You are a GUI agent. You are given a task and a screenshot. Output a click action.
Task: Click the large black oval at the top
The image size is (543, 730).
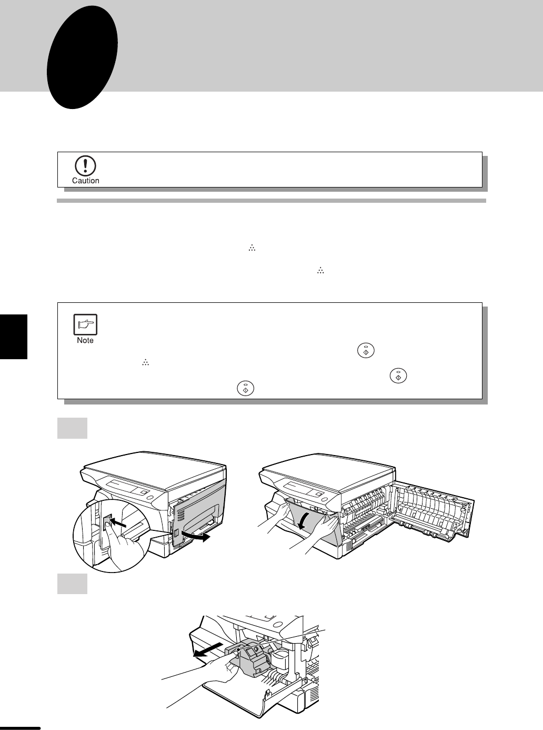[x=82, y=57]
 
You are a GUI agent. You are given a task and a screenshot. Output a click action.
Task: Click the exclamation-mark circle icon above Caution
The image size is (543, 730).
[x=86, y=166]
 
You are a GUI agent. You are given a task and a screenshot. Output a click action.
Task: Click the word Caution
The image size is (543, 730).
[x=86, y=181]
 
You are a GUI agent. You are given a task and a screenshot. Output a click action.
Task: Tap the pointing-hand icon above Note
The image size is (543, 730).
[x=85, y=324]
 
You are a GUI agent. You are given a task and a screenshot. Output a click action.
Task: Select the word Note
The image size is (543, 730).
[x=85, y=340]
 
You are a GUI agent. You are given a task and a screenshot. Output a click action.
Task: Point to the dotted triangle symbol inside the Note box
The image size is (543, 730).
[x=145, y=363]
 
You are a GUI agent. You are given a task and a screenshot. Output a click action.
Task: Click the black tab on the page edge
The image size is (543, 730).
[x=14, y=337]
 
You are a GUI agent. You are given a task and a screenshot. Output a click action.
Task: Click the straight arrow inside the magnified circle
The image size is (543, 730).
[x=118, y=522]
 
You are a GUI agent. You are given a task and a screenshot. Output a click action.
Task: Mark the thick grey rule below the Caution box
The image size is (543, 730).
[x=271, y=201]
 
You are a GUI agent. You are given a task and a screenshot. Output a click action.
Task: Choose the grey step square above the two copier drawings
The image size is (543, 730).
[x=73, y=428]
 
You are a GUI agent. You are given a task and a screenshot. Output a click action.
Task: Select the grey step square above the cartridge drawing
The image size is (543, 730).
[x=73, y=584]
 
